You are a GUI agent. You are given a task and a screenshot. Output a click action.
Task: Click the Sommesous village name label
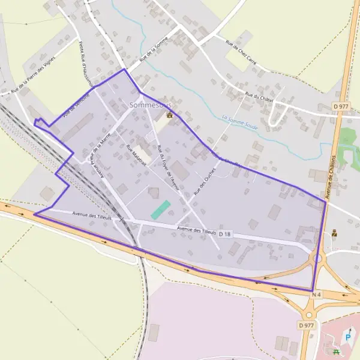pos(146,106)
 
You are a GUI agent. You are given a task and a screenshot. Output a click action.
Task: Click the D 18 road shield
pos(225,233)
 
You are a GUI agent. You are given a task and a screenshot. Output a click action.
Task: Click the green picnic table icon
pos(335,351)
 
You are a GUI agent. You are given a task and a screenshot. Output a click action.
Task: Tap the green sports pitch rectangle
pos(160,209)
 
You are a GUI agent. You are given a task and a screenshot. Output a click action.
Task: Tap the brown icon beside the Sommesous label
pos(170,115)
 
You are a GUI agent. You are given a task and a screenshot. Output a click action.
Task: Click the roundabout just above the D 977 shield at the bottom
pos(310,313)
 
